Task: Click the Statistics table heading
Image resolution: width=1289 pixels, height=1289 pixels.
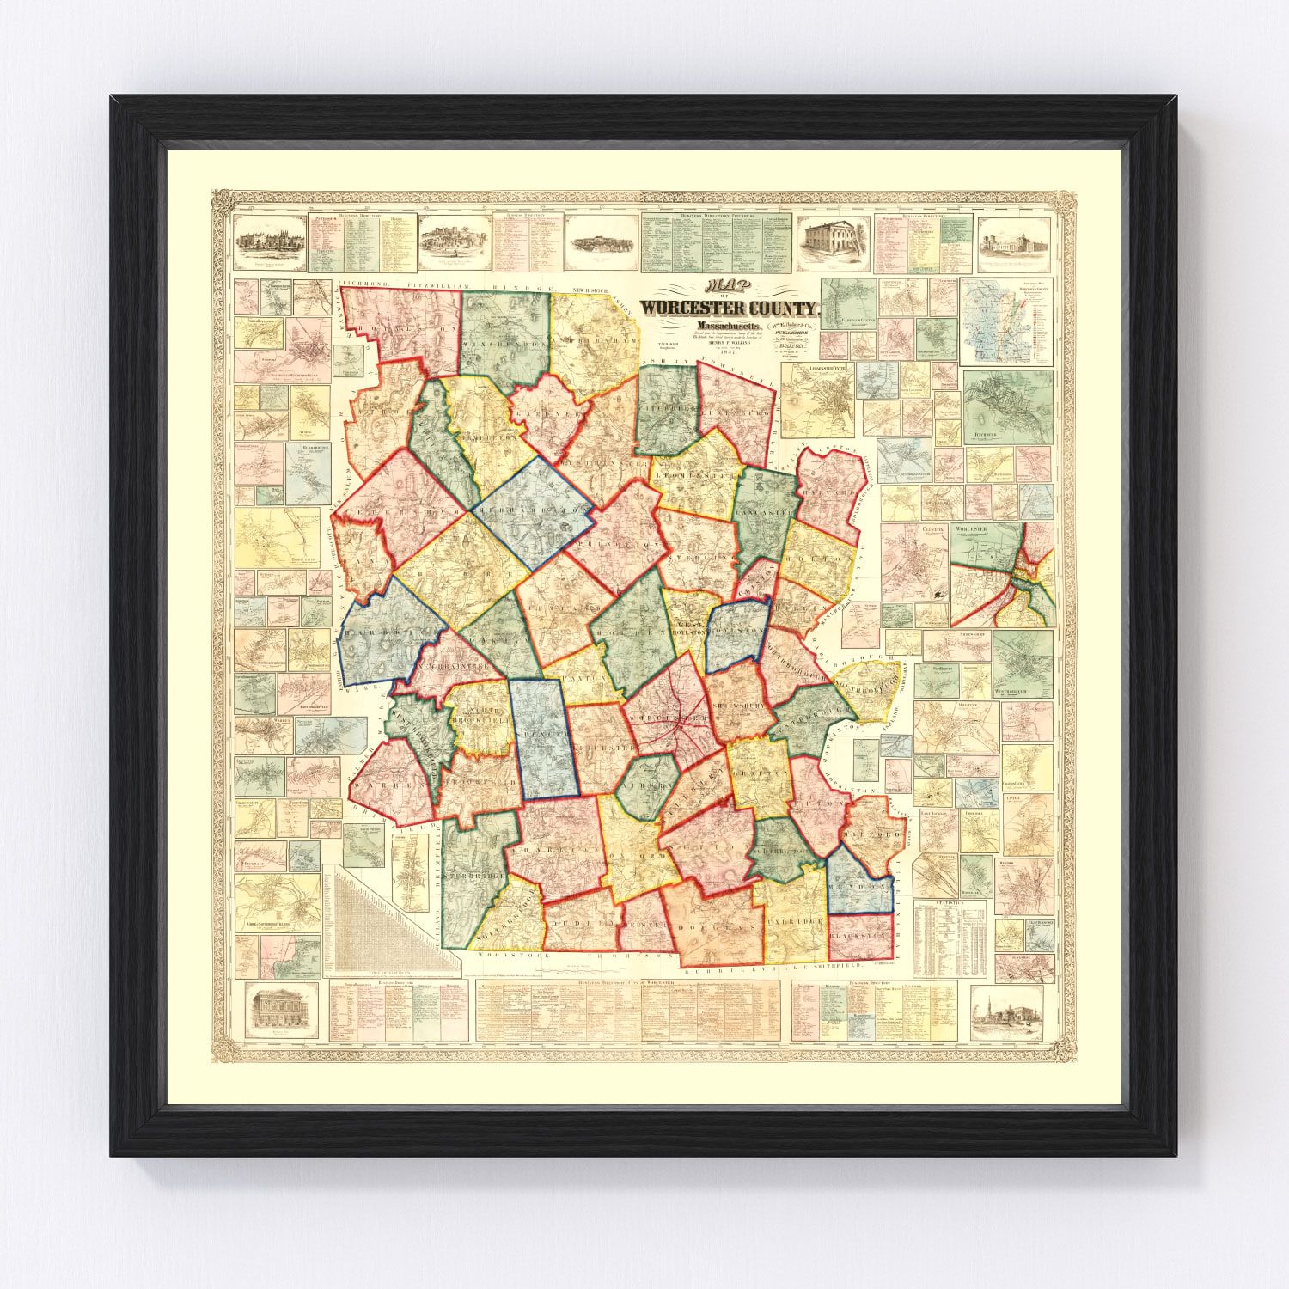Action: (x=941, y=904)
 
